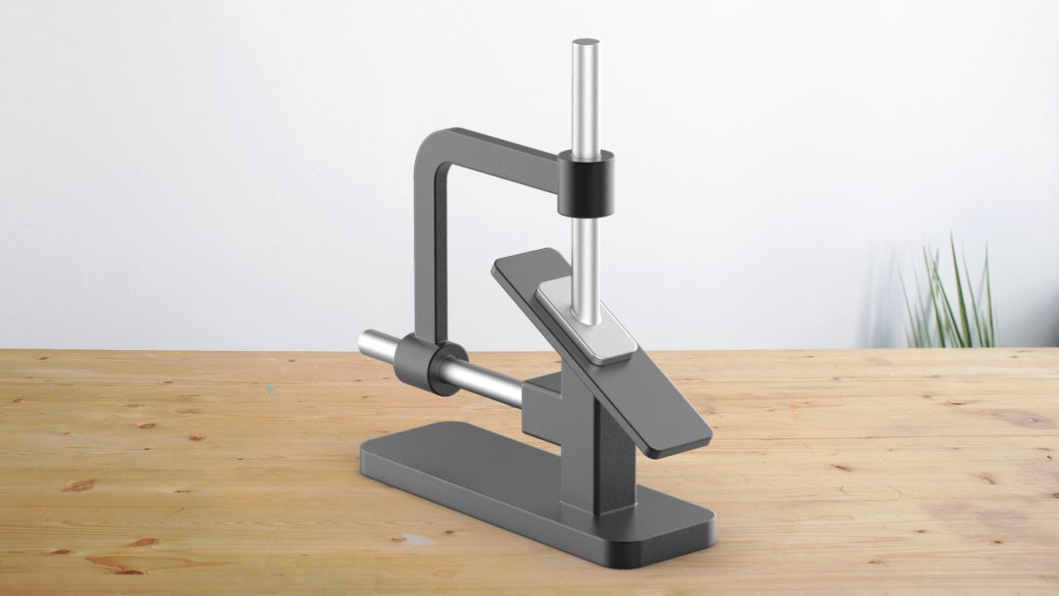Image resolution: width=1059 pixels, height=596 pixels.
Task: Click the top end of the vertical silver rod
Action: (585, 44)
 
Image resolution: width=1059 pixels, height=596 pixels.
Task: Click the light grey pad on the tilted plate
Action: (586, 323)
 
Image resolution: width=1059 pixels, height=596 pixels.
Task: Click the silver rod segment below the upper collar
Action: (585, 255)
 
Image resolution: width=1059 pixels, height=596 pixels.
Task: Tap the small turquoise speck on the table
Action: (270, 389)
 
